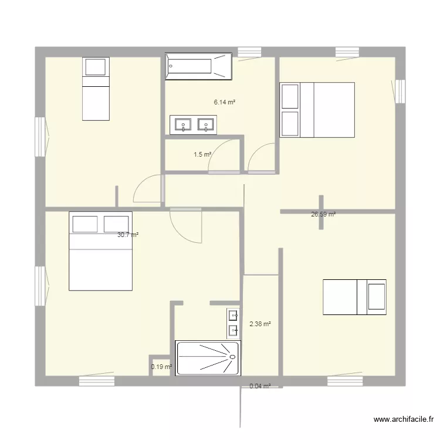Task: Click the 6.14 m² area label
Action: (x=225, y=102)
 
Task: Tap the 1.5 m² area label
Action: (x=202, y=155)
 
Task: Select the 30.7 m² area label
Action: (x=128, y=235)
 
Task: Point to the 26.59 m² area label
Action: (x=323, y=215)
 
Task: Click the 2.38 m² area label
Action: (x=260, y=324)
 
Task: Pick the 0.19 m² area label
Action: (x=161, y=367)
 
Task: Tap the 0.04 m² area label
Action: (x=260, y=386)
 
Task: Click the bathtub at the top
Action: (x=198, y=66)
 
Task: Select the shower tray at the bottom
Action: (x=208, y=358)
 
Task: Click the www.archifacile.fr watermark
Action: (x=404, y=420)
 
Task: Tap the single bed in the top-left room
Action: (x=96, y=88)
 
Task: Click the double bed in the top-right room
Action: (x=317, y=110)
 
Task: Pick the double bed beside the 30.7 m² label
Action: (x=100, y=251)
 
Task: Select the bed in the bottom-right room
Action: (x=354, y=297)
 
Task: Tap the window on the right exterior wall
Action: (x=400, y=91)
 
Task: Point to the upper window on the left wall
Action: (x=40, y=136)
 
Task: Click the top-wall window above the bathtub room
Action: (x=249, y=52)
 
